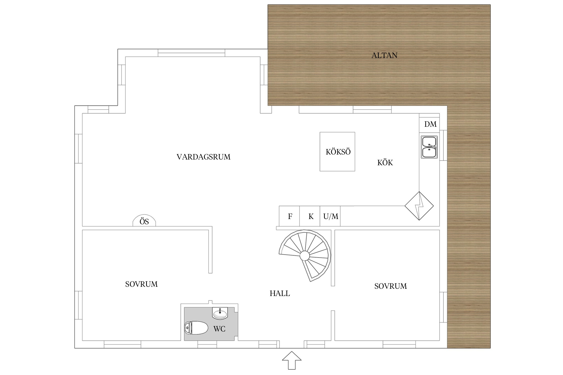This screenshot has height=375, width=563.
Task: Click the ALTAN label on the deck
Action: coord(384,55)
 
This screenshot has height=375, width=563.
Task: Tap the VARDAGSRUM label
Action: coord(203,157)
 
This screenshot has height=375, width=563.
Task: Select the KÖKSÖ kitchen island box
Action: coord(337,152)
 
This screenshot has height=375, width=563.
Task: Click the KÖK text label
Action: coord(385,163)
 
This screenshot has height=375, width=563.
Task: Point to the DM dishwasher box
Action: coord(429,124)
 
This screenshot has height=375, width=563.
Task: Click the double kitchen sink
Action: coord(429,147)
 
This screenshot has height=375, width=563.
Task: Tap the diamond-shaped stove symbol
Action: coord(419,206)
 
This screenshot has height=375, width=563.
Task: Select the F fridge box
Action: coord(289,216)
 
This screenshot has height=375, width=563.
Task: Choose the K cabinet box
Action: coord(310,216)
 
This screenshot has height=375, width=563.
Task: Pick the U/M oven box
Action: coord(330,216)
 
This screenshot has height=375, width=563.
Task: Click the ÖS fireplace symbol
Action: coord(144,221)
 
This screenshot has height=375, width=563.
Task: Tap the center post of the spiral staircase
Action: coord(305,255)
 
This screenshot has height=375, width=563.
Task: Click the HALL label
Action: coord(280,293)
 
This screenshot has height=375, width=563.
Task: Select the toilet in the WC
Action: coord(196,328)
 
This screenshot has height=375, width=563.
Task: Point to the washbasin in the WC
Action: coord(220,313)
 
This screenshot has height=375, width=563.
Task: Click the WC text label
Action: coord(219,329)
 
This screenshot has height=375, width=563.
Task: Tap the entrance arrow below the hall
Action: coord(292,360)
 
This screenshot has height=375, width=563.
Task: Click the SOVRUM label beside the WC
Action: coord(141,284)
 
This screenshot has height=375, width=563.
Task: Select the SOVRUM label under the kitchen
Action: coord(391,286)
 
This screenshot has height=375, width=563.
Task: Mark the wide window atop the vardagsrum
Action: coord(191,53)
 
